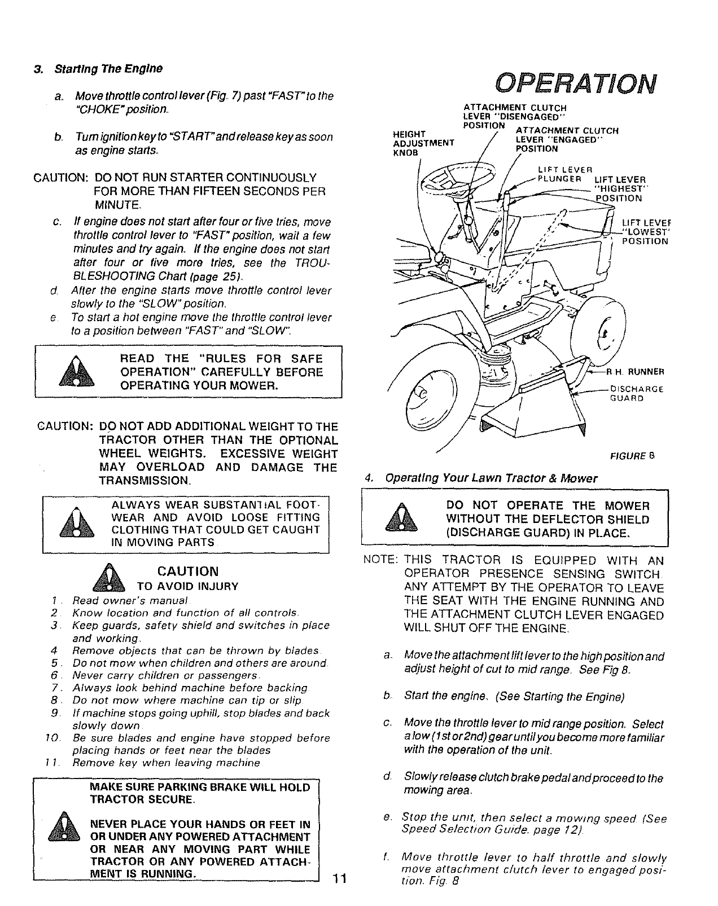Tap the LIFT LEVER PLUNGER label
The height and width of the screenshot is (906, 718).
pyautogui.click(x=564, y=175)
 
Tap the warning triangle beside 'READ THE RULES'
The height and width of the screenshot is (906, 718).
pyautogui.click(x=75, y=373)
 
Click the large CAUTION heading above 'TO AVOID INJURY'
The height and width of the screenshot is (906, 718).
pyautogui.click(x=189, y=571)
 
